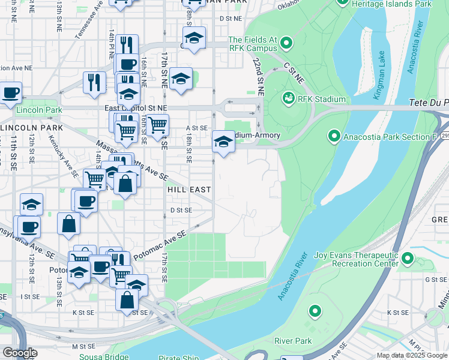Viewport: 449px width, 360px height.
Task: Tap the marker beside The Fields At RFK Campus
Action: tap(286, 43)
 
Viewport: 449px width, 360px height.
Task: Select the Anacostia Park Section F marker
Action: tap(334, 136)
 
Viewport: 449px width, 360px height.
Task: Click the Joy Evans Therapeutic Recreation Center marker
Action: tap(408, 259)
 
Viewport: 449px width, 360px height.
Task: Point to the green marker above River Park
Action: tap(315, 311)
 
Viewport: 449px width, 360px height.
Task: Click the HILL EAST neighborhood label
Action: tap(188, 190)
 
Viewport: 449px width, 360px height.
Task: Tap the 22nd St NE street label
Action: tap(259, 77)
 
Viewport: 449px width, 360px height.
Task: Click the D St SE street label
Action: tap(180, 210)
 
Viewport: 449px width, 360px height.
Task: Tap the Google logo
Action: tap(20, 353)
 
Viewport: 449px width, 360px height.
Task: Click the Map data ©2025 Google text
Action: tap(411, 355)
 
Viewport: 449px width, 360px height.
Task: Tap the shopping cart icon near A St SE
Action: tap(157, 125)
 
